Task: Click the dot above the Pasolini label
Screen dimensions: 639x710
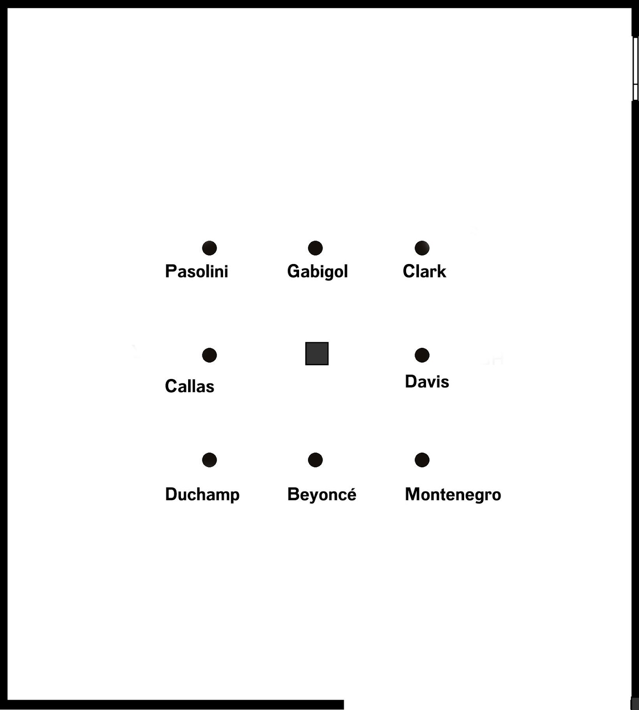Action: point(209,248)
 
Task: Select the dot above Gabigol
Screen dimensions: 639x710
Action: point(315,248)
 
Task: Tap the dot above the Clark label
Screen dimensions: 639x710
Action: point(422,248)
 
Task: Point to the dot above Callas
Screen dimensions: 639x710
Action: point(209,355)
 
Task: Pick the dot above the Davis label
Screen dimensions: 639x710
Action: point(422,355)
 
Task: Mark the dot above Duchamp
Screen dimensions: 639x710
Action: point(209,460)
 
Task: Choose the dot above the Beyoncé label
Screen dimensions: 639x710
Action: point(315,460)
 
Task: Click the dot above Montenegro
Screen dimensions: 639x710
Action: point(422,460)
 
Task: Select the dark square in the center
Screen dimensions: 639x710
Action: point(317,354)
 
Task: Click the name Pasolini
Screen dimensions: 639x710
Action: point(197,272)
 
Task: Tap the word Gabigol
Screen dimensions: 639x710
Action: point(317,272)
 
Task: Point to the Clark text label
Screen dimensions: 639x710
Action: point(424,272)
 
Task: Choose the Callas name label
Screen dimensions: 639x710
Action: point(189,387)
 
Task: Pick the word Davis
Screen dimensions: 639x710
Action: point(427,382)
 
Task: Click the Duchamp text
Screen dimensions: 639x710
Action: point(202,494)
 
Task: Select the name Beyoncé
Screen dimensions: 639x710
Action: point(322,494)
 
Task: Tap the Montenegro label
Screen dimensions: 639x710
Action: point(453,494)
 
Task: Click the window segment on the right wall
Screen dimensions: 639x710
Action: point(635,69)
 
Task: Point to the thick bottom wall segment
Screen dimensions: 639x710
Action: point(175,705)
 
